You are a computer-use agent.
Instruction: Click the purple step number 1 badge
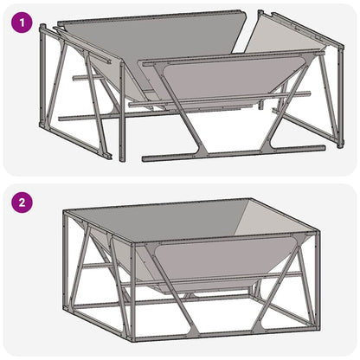click(22, 21)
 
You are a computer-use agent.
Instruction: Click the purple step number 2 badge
click(22, 204)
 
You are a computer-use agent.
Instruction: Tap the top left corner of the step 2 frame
click(66, 213)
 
